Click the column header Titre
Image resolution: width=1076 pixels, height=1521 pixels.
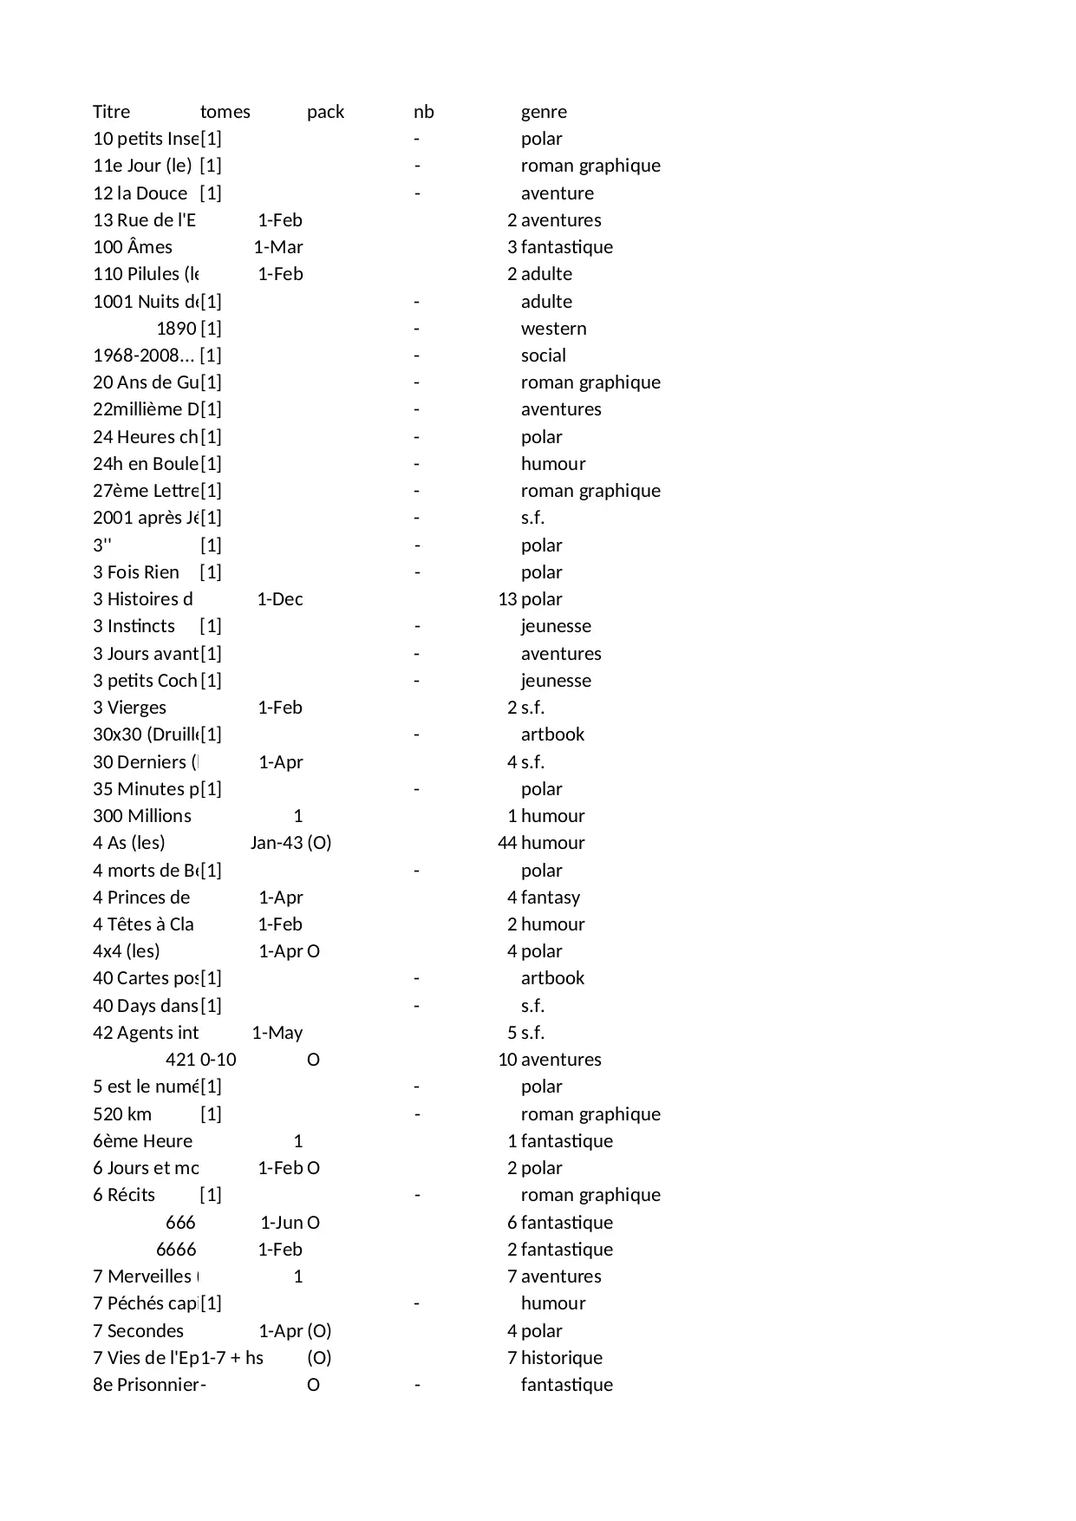point(111,112)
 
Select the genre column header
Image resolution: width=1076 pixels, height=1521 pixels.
point(544,112)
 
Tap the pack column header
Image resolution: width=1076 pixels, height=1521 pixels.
point(325,112)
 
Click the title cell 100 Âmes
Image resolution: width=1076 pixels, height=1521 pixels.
point(133,247)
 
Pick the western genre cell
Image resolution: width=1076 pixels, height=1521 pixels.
point(553,329)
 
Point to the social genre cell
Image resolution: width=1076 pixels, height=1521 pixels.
point(543,356)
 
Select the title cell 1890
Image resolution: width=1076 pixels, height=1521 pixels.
point(176,329)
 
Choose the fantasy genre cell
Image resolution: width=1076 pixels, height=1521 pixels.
point(550,898)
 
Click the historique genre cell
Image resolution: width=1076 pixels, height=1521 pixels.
point(561,1358)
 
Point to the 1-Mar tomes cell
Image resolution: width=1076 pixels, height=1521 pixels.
point(277,247)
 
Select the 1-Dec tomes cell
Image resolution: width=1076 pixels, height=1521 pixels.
point(279,599)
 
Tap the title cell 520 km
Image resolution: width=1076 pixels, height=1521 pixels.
point(122,1114)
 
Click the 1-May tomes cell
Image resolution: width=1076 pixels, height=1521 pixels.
point(277,1033)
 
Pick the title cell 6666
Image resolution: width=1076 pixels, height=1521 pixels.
point(176,1250)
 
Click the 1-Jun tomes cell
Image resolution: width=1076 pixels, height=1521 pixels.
point(281,1223)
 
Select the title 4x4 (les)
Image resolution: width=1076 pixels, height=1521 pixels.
point(127,951)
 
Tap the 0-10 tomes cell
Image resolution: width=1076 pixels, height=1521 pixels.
point(218,1060)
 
